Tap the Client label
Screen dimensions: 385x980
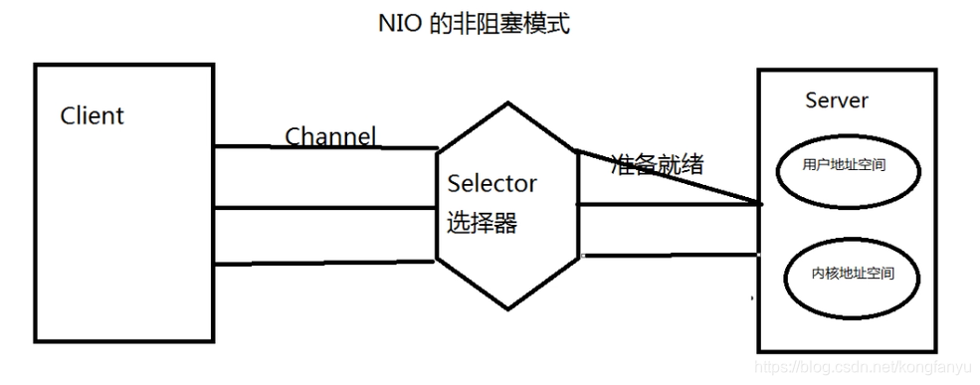(93, 115)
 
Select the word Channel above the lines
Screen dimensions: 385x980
(330, 135)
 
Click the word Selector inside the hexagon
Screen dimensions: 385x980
(491, 183)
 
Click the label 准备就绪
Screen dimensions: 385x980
(657, 164)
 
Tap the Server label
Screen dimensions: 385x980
(836, 100)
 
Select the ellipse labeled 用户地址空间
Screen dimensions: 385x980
(844, 166)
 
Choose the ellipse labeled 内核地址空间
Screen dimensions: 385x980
(849, 272)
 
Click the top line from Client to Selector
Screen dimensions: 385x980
(325, 147)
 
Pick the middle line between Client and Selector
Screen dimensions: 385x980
(325, 208)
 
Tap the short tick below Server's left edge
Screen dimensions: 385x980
(753, 296)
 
